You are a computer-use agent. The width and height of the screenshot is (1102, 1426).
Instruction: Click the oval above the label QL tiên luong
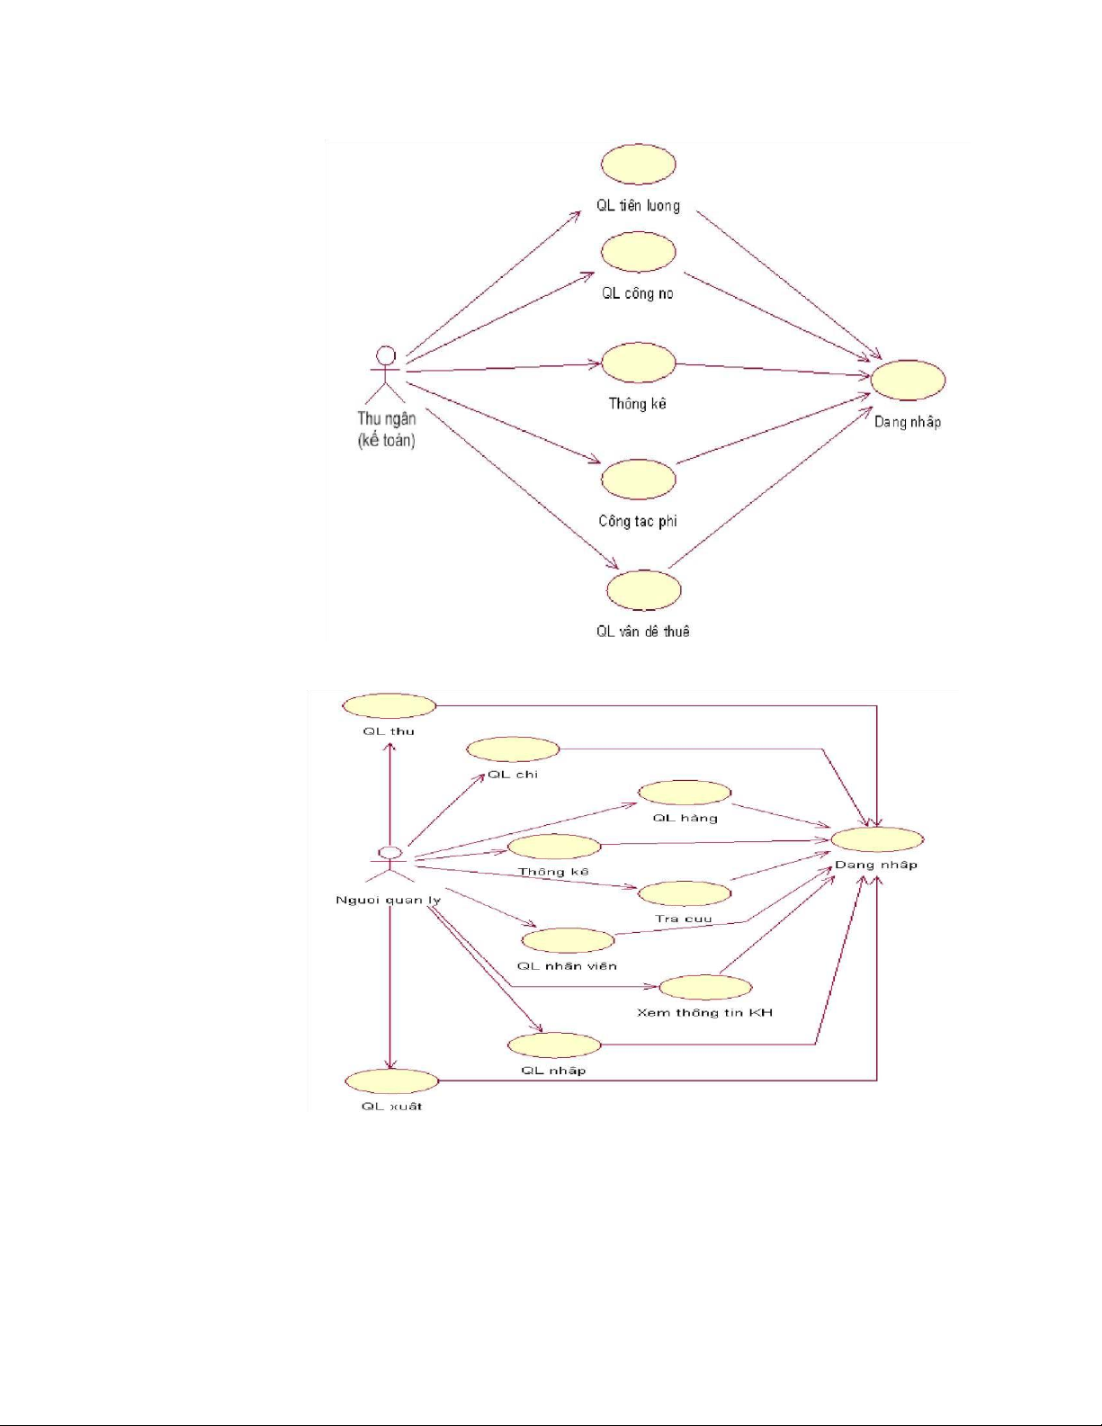(x=638, y=164)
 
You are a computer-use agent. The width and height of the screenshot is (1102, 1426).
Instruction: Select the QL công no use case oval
(x=638, y=252)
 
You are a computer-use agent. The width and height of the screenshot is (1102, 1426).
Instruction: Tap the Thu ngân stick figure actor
(x=386, y=373)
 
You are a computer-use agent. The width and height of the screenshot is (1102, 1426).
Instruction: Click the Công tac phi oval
(x=638, y=479)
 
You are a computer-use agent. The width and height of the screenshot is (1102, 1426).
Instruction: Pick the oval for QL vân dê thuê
(x=643, y=590)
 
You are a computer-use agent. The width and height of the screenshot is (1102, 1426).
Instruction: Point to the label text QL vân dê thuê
(x=642, y=632)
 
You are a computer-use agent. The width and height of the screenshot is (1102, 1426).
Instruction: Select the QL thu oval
(x=389, y=705)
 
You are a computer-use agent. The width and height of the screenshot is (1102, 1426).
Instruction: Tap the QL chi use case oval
(x=513, y=749)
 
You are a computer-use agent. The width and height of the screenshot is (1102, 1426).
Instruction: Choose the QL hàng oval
(x=685, y=793)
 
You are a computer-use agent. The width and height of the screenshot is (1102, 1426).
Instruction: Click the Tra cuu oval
(x=685, y=893)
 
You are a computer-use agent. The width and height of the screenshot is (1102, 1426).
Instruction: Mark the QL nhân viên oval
(x=568, y=940)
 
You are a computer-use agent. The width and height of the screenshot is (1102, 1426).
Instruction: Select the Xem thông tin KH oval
(x=705, y=987)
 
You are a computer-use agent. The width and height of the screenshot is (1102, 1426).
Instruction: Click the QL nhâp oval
(x=554, y=1045)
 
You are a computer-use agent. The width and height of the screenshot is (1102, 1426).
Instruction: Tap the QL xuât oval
(x=391, y=1081)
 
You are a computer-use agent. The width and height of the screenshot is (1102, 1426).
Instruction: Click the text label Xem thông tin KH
(x=704, y=1013)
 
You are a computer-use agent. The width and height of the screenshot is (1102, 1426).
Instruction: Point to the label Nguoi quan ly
(x=388, y=901)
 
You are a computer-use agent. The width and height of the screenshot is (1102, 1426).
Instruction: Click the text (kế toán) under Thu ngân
(x=386, y=441)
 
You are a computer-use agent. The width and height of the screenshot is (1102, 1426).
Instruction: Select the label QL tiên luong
(x=638, y=206)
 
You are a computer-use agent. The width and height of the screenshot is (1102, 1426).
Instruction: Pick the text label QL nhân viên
(x=567, y=966)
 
